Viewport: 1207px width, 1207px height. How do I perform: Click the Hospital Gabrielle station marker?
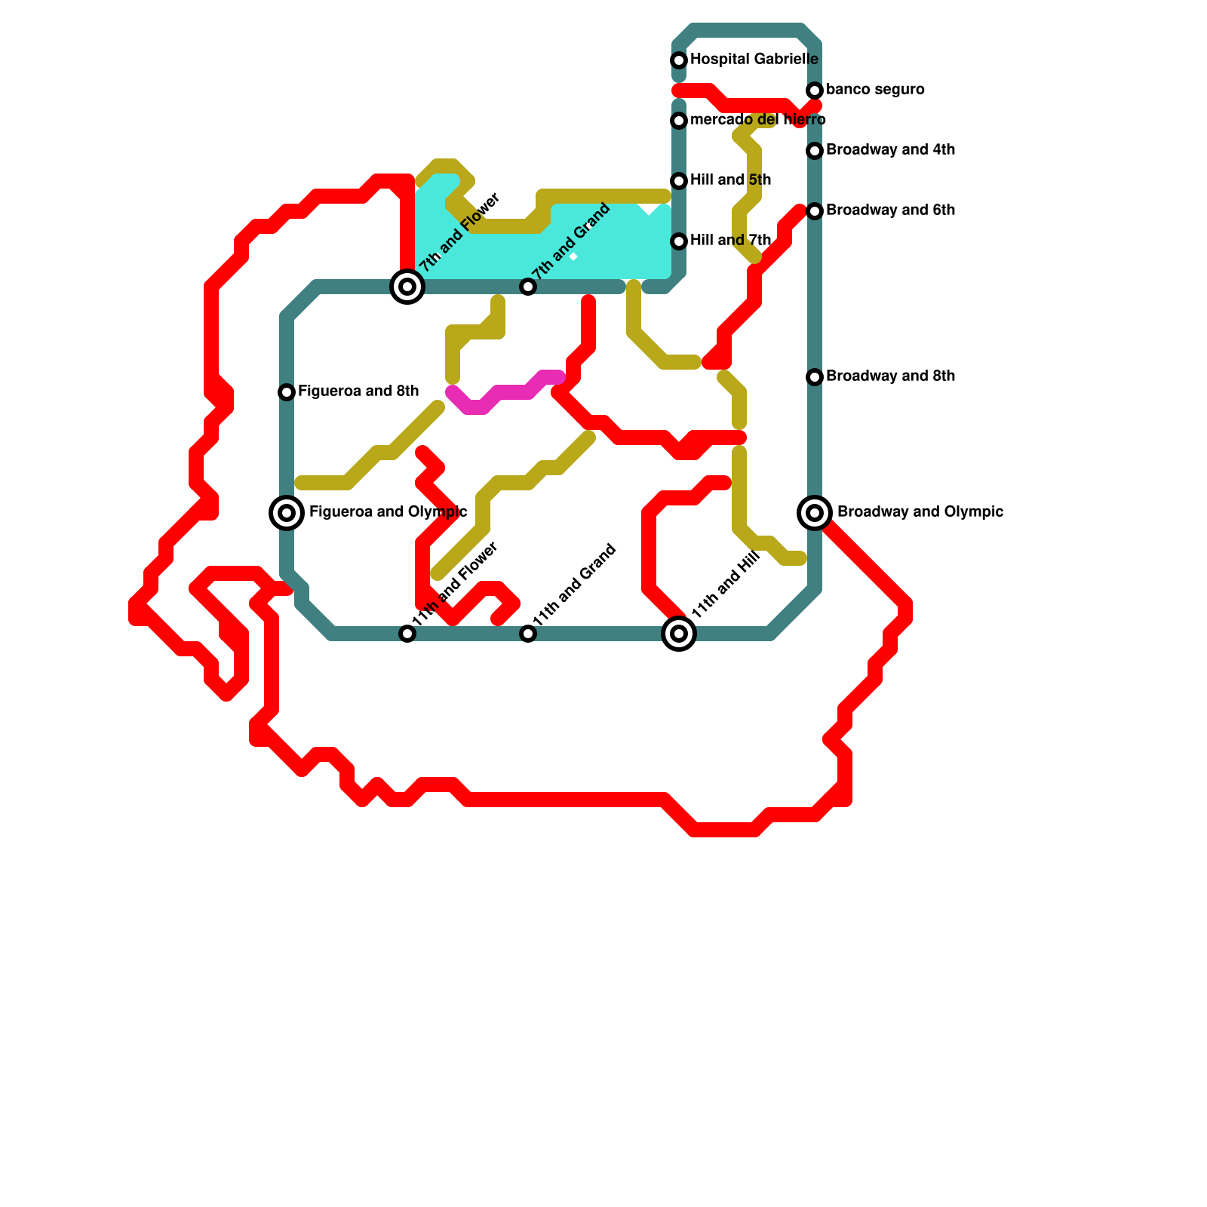pyautogui.click(x=679, y=60)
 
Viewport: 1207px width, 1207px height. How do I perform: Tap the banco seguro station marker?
pyautogui.click(x=815, y=91)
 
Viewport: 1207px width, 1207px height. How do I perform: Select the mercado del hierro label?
pyautogui.click(x=757, y=120)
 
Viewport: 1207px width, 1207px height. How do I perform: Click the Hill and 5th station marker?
pyautogui.click(x=679, y=181)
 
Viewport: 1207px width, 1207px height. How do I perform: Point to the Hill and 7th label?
pyautogui.click(x=730, y=241)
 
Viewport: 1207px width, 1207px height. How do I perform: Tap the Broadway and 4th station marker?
pyautogui.click(x=815, y=151)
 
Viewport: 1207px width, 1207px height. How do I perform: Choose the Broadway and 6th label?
pyautogui.click(x=890, y=210)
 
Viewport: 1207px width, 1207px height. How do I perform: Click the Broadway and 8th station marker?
pyautogui.click(x=815, y=377)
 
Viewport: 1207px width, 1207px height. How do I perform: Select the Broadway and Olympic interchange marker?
pyautogui.click(x=815, y=513)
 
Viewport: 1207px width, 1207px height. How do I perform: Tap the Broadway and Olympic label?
pyautogui.click(x=920, y=512)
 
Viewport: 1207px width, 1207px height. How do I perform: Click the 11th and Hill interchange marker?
pyautogui.click(x=679, y=634)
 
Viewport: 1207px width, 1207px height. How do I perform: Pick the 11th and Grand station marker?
pyautogui.click(x=528, y=634)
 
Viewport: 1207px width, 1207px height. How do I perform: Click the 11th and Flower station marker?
pyautogui.click(x=407, y=634)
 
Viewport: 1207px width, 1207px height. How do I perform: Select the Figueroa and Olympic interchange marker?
pyautogui.click(x=287, y=513)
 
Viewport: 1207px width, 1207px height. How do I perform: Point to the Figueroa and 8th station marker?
pyautogui.click(x=287, y=392)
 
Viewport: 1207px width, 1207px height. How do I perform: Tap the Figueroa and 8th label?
pyautogui.click(x=358, y=392)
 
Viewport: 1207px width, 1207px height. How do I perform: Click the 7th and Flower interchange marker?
pyautogui.click(x=407, y=287)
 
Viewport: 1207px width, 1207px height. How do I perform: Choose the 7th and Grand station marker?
pyautogui.click(x=528, y=287)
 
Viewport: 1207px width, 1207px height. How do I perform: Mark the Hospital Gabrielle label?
pyautogui.click(x=754, y=60)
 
